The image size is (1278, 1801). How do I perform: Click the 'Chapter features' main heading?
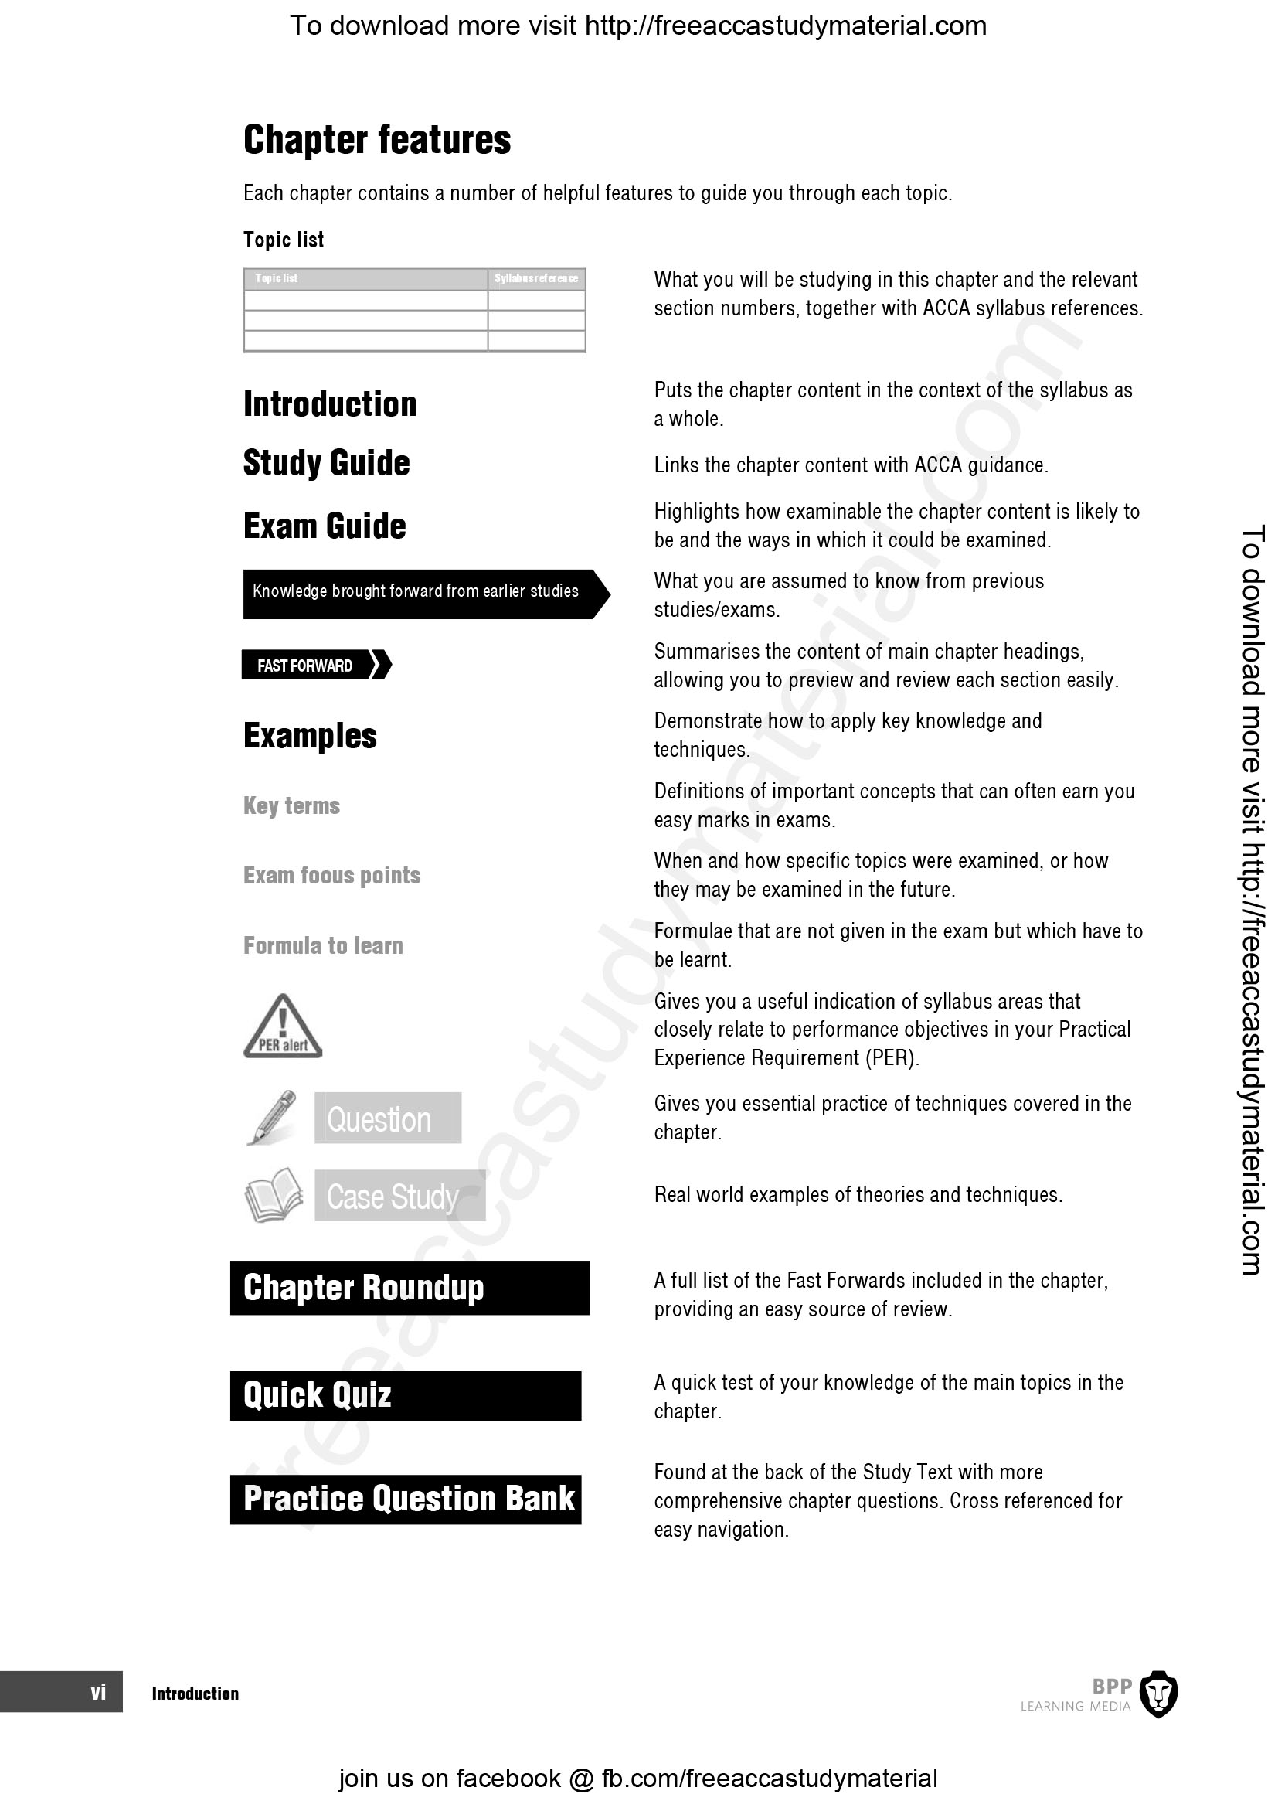(377, 140)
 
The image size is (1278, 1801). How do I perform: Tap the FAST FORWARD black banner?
(314, 666)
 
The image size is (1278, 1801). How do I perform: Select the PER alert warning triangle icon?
(283, 1026)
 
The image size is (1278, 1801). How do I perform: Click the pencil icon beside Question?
(271, 1117)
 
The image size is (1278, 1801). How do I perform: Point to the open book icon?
(274, 1195)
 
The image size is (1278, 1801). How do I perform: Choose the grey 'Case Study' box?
(399, 1196)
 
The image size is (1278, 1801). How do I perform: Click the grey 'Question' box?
(387, 1118)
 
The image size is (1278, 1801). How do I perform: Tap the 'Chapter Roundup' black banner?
(410, 1288)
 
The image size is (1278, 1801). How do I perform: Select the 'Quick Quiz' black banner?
(406, 1395)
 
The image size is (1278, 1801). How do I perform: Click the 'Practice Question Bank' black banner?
(406, 1499)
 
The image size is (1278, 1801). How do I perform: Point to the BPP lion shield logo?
(1158, 1693)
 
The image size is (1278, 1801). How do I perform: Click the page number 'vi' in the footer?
(97, 1692)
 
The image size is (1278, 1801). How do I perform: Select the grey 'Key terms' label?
(291, 805)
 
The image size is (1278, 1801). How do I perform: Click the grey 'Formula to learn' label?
(323, 945)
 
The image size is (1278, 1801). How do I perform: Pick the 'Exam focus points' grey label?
(331, 875)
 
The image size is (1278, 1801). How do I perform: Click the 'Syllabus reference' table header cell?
(536, 278)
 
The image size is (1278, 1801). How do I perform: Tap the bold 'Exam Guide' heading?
(325, 526)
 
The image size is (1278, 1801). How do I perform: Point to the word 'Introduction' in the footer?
(195, 1693)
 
